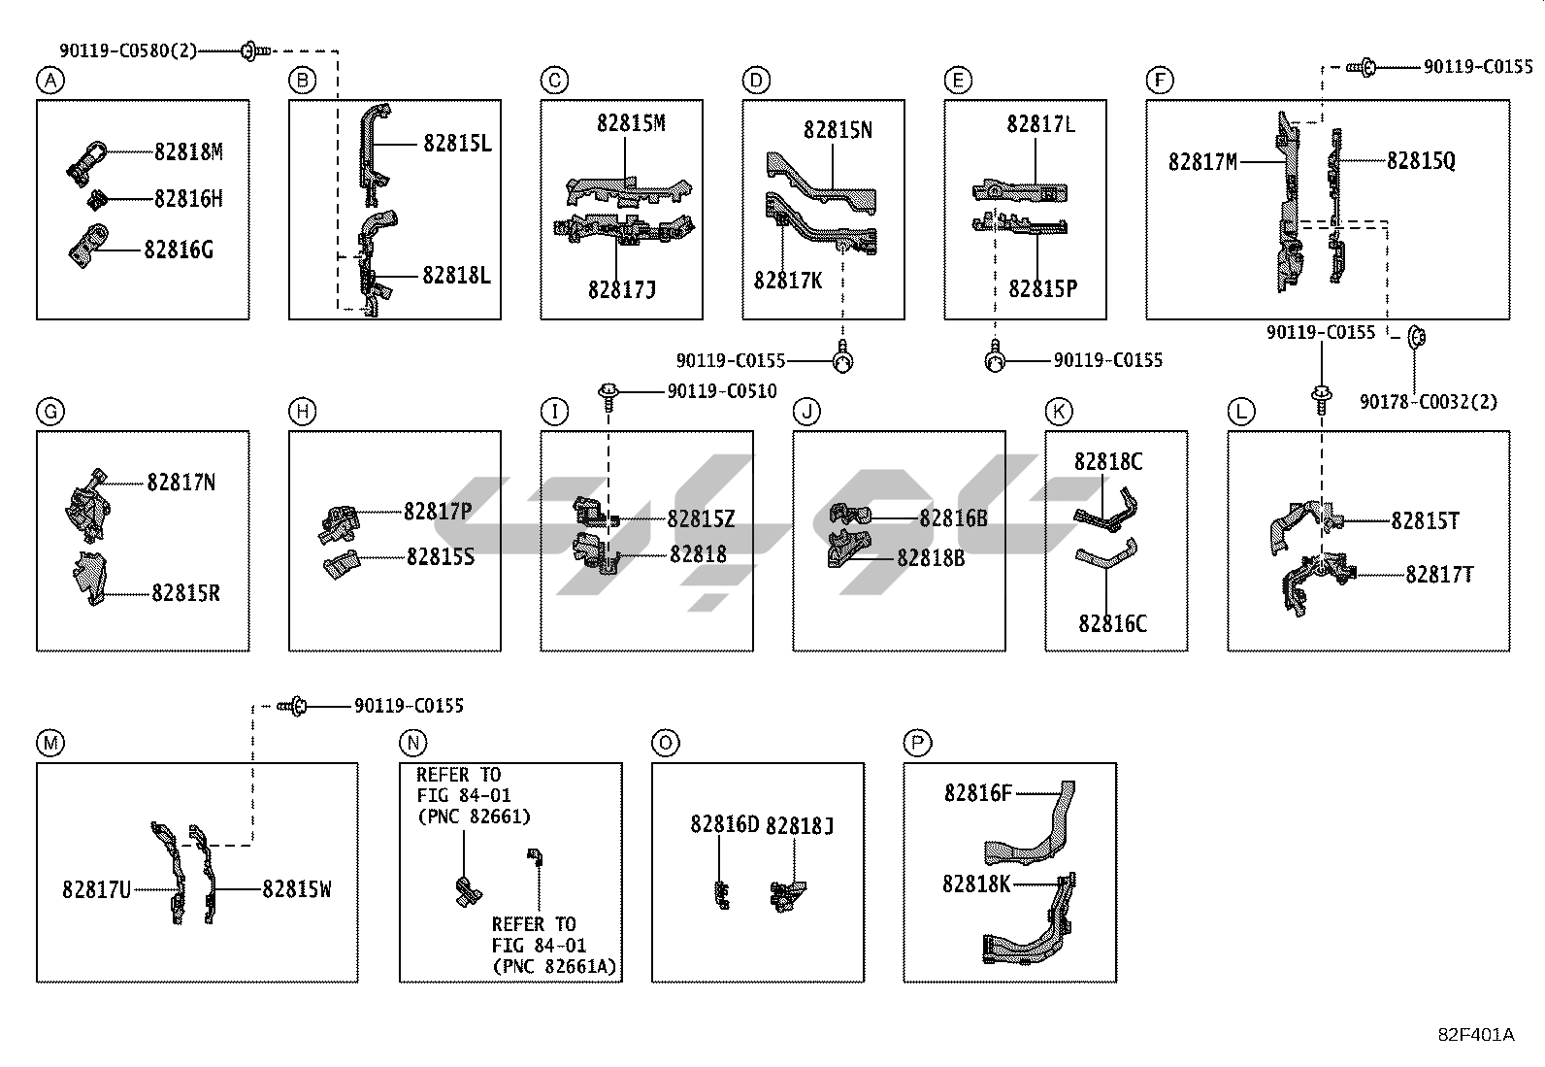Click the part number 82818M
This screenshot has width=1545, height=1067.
(x=188, y=151)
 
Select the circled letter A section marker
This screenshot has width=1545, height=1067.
(x=49, y=81)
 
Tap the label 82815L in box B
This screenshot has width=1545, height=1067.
(x=457, y=144)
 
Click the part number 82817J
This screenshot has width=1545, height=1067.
(x=621, y=289)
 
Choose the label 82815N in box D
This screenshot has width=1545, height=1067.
(x=837, y=130)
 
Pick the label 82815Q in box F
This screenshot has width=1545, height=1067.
(x=1421, y=161)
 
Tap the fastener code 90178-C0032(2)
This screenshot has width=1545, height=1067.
(x=1428, y=401)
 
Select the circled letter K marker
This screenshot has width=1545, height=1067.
(x=1059, y=412)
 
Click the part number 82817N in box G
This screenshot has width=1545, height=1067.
(x=181, y=483)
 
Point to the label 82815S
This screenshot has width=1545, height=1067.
(x=440, y=557)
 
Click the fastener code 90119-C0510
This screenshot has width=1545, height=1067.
(x=721, y=391)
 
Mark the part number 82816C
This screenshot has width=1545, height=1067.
(x=1112, y=623)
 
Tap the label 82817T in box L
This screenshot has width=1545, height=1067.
(x=1439, y=575)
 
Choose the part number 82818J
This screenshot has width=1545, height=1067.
(x=800, y=825)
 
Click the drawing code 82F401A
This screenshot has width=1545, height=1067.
(x=1475, y=1035)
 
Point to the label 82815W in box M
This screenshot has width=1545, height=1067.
(x=296, y=889)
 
